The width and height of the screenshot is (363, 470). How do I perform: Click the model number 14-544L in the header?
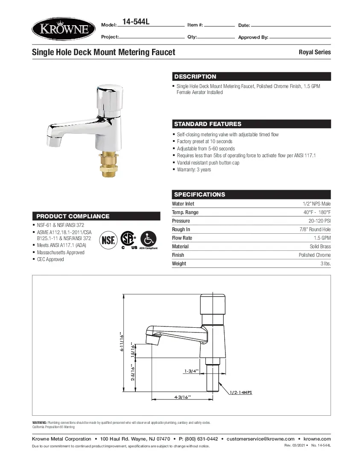click(x=136, y=22)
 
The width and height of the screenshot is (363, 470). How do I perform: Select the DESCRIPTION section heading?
click(x=195, y=77)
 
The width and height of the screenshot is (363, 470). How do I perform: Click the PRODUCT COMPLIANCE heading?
click(x=73, y=216)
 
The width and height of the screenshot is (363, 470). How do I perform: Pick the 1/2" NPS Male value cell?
click(x=316, y=204)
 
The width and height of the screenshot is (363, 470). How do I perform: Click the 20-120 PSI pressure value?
click(x=319, y=221)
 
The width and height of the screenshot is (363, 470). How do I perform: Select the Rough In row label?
click(x=181, y=229)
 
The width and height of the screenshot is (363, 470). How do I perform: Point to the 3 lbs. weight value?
click(x=325, y=264)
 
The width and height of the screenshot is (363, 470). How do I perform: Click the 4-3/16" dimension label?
click(x=182, y=397)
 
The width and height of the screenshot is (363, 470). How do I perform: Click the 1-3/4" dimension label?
click(x=190, y=371)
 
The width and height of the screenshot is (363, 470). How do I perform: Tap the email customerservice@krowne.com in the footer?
click(x=261, y=439)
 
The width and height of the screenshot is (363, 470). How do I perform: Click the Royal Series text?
click(x=314, y=52)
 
